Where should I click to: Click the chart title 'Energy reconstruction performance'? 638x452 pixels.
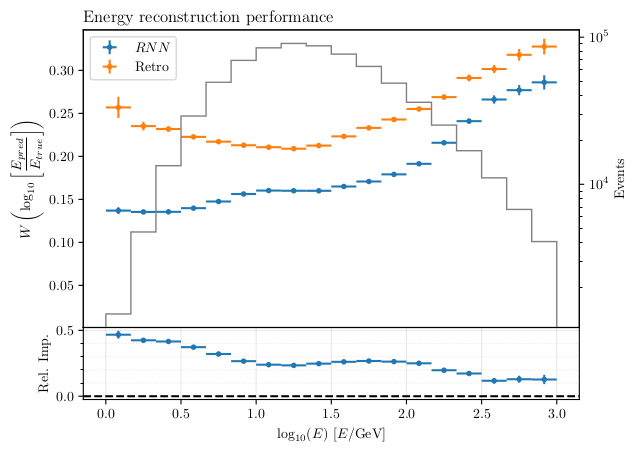(x=208, y=17)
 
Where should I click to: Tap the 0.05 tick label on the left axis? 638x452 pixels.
(x=59, y=286)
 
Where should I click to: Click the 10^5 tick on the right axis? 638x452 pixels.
(x=596, y=38)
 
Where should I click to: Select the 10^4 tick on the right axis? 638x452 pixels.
(x=596, y=184)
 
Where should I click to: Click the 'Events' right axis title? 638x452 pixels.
(x=619, y=176)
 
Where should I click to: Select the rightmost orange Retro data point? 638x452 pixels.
(x=544, y=46)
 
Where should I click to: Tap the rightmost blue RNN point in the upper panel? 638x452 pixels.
(x=544, y=82)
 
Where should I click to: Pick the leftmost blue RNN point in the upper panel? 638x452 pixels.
(x=118, y=210)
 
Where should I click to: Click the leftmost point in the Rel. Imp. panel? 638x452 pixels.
(x=118, y=334)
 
